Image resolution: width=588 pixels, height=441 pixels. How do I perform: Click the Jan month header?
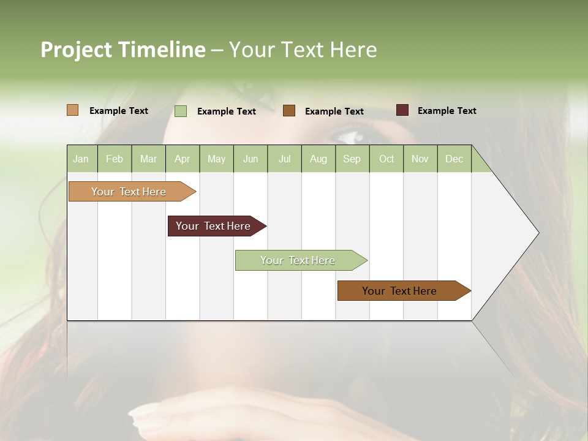click(x=81, y=159)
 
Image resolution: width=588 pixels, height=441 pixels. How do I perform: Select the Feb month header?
click(x=115, y=159)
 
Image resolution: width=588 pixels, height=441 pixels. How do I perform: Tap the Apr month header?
click(x=182, y=159)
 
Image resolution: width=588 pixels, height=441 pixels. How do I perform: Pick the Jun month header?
click(x=251, y=159)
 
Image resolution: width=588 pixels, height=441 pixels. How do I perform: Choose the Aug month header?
click(x=318, y=159)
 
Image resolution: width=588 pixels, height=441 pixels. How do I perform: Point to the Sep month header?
click(x=352, y=159)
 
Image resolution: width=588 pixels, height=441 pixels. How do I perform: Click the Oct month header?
click(x=386, y=159)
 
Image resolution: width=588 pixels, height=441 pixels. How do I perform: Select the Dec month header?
click(x=454, y=159)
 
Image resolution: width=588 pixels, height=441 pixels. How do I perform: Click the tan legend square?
click(x=72, y=110)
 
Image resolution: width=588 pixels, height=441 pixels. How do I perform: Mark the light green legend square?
click(x=181, y=111)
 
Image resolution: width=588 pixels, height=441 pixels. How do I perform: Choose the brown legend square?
click(x=289, y=111)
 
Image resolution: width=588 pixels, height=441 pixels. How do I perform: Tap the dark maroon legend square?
click(x=402, y=110)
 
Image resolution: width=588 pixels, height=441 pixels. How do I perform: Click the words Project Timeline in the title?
click(x=123, y=50)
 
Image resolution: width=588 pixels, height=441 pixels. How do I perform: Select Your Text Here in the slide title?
click(x=303, y=50)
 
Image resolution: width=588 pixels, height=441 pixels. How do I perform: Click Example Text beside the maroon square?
click(x=447, y=111)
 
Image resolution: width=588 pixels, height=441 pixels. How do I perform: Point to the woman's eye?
click(x=349, y=135)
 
